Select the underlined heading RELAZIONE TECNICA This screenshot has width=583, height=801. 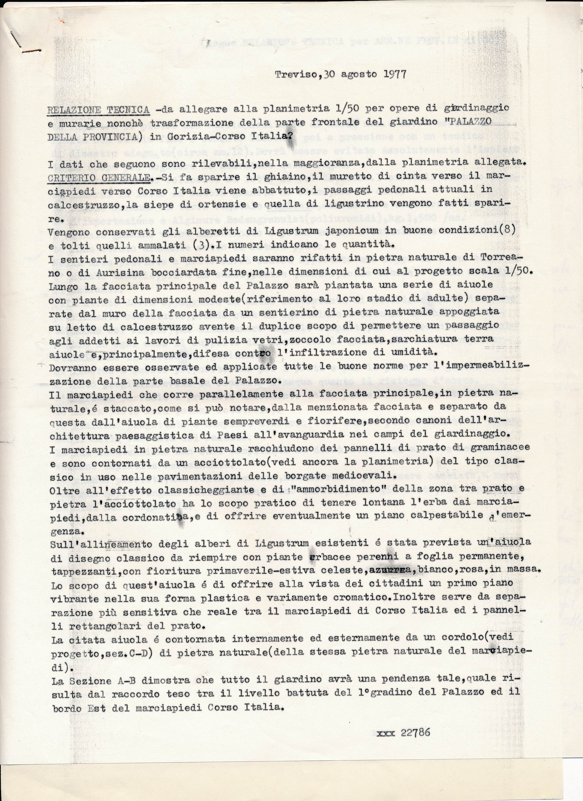(98, 109)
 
